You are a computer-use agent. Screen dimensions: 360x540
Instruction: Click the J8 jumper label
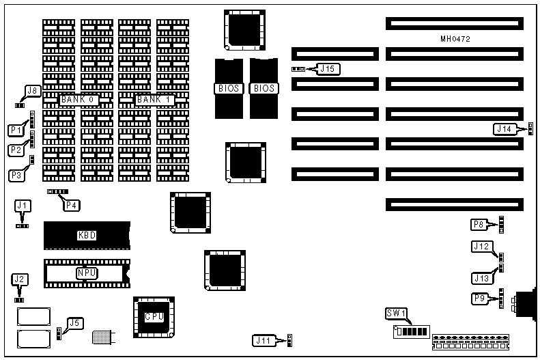[32, 91]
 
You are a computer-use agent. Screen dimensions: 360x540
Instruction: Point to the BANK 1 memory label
[155, 100]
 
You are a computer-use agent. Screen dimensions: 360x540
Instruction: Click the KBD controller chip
[87, 236]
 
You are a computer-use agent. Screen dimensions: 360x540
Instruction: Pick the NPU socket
[87, 273]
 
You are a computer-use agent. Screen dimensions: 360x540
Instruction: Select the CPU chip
[153, 317]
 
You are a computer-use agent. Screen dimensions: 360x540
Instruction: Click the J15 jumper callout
[329, 68]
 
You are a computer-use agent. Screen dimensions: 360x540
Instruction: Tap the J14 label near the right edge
[503, 128]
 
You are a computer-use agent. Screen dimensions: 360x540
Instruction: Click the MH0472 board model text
[455, 40]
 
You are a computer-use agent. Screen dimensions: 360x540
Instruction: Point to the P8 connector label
[479, 224]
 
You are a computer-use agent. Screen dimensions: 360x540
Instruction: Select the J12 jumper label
[480, 247]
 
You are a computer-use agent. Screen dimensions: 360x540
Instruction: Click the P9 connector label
[480, 299]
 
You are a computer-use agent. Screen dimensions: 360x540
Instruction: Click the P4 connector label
[71, 203]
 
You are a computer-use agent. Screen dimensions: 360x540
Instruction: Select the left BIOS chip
[228, 88]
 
